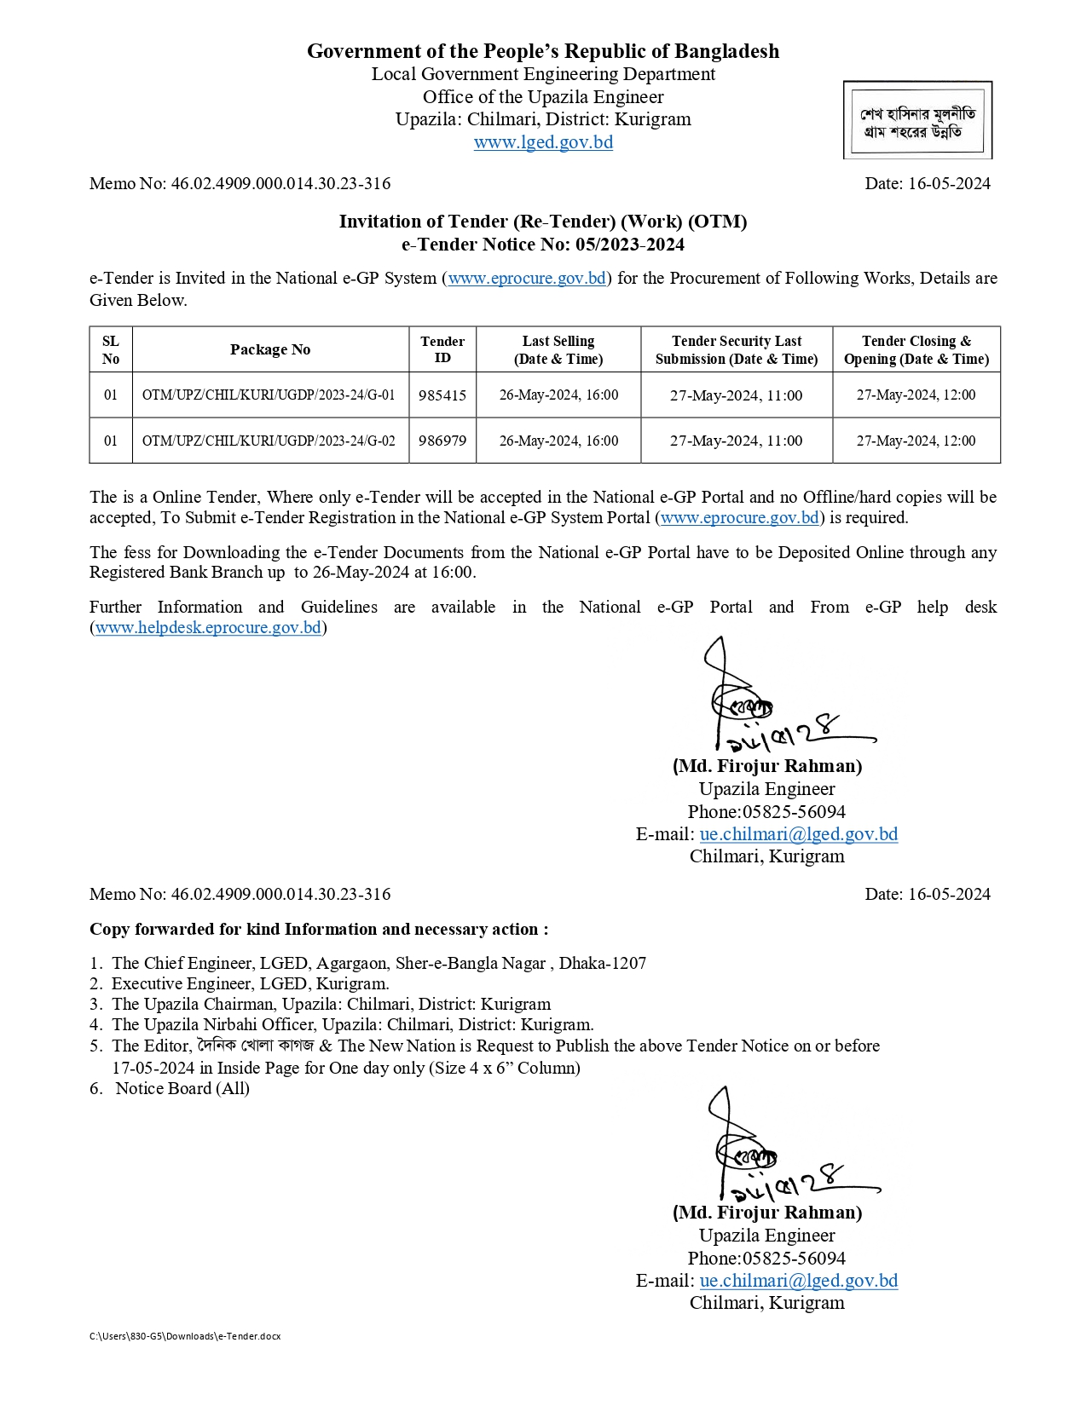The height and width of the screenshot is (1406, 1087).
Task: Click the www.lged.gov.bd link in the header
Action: coord(543,142)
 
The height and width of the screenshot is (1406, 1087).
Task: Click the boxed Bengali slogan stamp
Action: coord(917,121)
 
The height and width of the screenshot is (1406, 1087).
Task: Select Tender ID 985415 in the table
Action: coord(442,395)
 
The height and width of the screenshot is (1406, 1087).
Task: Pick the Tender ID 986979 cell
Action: coord(442,441)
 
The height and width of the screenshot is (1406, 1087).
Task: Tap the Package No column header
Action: coord(270,349)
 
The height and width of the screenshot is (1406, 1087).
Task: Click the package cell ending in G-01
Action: coord(269,395)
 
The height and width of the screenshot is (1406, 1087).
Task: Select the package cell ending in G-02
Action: coord(269,441)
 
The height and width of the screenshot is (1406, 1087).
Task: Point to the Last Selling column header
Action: coord(558,349)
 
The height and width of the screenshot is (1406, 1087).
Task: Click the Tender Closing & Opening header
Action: coord(916,349)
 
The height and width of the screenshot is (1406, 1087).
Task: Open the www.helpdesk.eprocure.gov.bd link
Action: coord(208,628)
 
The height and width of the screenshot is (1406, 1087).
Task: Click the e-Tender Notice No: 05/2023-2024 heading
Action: coord(543,245)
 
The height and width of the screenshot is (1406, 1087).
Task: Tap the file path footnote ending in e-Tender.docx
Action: coord(185,1336)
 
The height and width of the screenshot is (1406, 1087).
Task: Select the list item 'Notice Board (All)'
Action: coord(182,1088)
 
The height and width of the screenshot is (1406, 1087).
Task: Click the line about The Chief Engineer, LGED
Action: coord(379,963)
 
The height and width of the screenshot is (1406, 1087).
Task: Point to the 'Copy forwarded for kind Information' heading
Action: coord(319,929)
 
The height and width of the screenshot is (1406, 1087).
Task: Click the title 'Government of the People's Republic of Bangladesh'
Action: coord(543,51)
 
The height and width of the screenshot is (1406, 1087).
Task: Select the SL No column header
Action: coord(111,349)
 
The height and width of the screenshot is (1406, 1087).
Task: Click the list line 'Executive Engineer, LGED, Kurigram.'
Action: coord(250,983)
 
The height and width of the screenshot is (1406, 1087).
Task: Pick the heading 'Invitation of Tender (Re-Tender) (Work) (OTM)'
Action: coord(543,222)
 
